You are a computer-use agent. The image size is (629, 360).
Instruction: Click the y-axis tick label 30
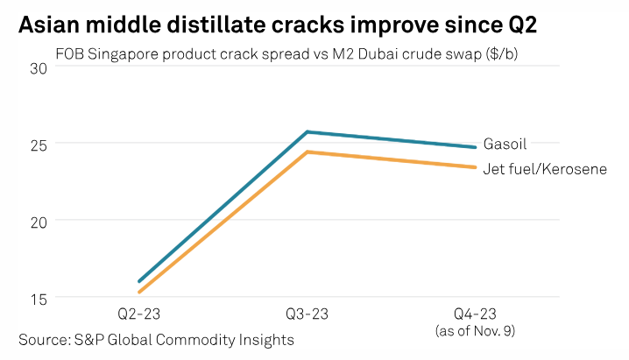[39, 67]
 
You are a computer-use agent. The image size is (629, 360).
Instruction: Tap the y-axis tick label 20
[39, 221]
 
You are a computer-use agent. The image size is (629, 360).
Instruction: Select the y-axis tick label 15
[39, 298]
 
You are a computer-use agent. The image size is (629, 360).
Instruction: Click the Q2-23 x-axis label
[139, 314]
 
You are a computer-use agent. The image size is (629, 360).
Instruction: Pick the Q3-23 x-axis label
[307, 314]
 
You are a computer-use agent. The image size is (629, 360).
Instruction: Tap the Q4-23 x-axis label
[474, 314]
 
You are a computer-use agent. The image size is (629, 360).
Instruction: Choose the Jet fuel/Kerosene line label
[545, 168]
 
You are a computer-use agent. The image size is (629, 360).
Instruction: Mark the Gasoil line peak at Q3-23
[307, 131]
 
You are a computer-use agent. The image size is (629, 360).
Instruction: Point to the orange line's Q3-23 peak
[307, 152]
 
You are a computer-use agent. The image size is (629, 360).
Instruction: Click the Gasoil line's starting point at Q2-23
[139, 281]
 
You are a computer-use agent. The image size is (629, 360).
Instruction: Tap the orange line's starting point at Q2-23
[139, 293]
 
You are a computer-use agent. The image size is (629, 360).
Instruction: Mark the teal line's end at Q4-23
[475, 146]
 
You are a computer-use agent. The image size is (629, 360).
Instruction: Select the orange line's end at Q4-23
[475, 167]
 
